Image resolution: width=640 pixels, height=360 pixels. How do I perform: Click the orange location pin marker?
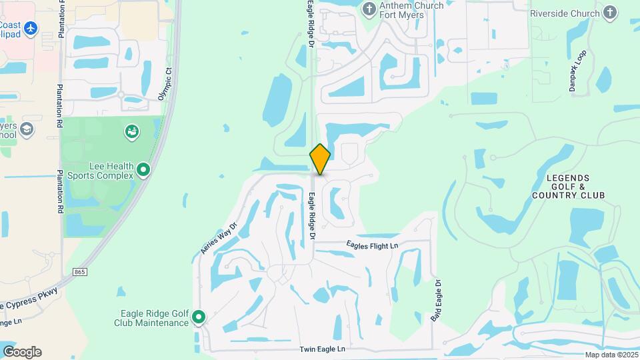click(x=320, y=159)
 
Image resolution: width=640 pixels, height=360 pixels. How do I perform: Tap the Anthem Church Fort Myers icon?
click(x=369, y=9)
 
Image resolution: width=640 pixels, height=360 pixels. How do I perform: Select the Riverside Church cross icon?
click(x=610, y=13)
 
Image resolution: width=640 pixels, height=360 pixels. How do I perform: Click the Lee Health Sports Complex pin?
click(x=143, y=171)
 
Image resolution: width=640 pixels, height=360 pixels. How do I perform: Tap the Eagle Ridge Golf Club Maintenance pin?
click(x=199, y=318)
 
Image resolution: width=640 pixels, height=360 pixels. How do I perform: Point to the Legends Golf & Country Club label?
click(x=569, y=187)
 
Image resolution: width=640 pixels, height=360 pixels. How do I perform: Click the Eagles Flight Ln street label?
click(x=372, y=246)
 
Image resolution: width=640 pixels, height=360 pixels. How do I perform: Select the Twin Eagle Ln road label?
click(x=323, y=349)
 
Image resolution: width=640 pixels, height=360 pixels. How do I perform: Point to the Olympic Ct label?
click(x=165, y=83)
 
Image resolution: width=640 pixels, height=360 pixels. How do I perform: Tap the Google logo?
click(x=22, y=352)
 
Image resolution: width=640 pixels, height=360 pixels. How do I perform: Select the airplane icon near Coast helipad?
click(x=30, y=29)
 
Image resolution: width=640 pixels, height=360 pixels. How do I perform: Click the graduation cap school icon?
click(x=27, y=129)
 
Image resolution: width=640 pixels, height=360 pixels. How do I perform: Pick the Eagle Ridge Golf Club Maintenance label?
click(x=155, y=318)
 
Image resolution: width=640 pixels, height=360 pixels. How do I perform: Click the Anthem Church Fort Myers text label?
click(x=411, y=11)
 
